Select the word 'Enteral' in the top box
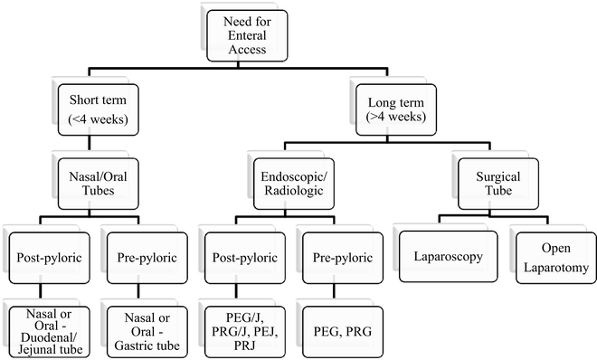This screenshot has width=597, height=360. click(x=242, y=33)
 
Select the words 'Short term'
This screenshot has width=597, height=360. click(x=97, y=99)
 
